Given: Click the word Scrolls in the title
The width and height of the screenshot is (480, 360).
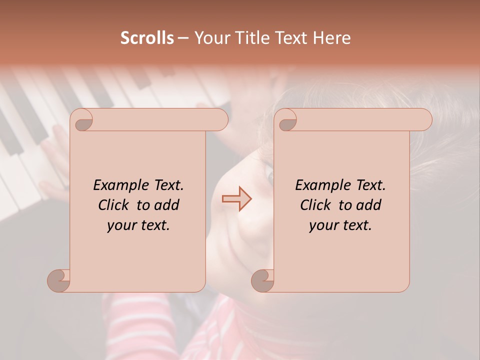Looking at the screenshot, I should point(147,38).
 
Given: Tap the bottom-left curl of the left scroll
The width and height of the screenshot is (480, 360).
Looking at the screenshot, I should point(59,280).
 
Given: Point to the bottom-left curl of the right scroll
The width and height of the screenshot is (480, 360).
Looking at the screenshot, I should point(263,280).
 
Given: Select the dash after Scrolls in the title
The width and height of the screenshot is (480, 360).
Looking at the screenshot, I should point(183,38).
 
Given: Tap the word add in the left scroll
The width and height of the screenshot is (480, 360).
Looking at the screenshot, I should point(166,205).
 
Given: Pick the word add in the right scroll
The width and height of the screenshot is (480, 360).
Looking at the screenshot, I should point(368,205).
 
